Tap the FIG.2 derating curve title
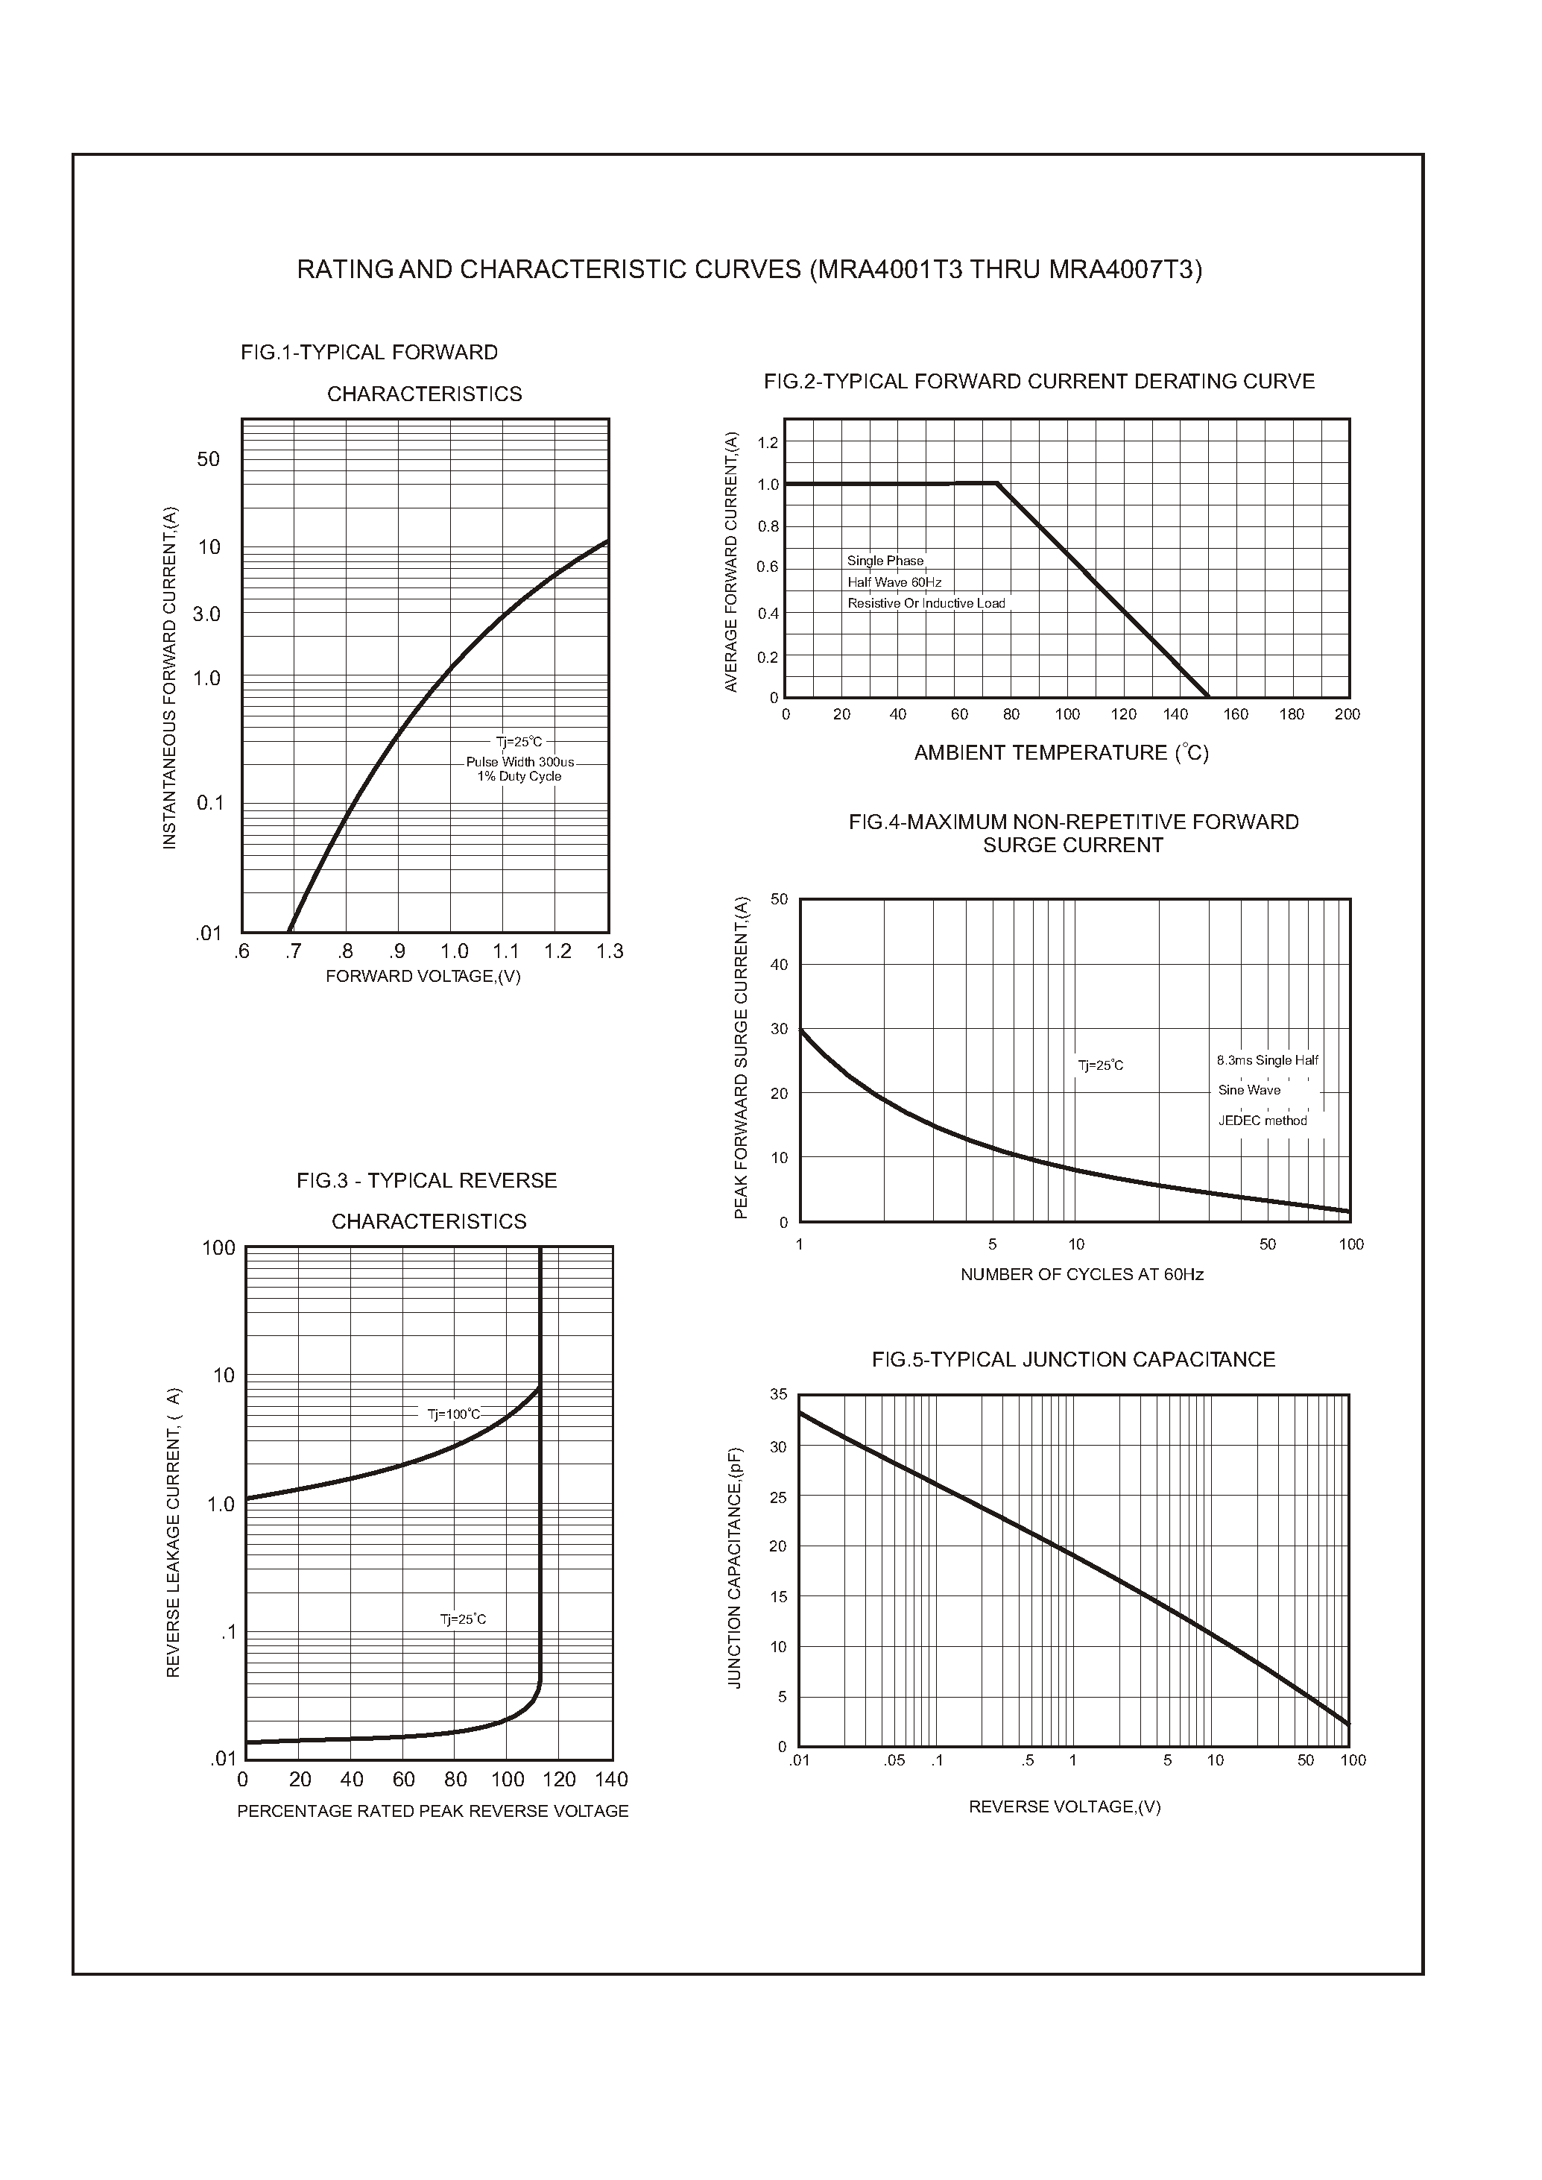tap(1039, 382)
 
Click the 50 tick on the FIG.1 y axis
tap(208, 460)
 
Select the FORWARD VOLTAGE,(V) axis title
tap(423, 977)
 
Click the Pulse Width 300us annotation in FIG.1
tap(519, 762)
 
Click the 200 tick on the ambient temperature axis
tap(1347, 714)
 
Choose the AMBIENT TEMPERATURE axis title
tap(1061, 753)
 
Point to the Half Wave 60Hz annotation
tap(894, 582)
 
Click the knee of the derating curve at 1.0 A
tap(997, 484)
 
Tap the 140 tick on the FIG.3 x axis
tap(611, 1779)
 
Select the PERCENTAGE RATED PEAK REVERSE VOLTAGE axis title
tap(433, 1812)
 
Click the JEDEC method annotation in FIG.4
tap(1262, 1121)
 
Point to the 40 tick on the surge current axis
tap(779, 965)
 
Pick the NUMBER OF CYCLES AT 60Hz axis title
tap(1081, 1275)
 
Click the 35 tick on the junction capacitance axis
tap(779, 1394)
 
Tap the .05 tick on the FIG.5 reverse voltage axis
tap(894, 1760)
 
